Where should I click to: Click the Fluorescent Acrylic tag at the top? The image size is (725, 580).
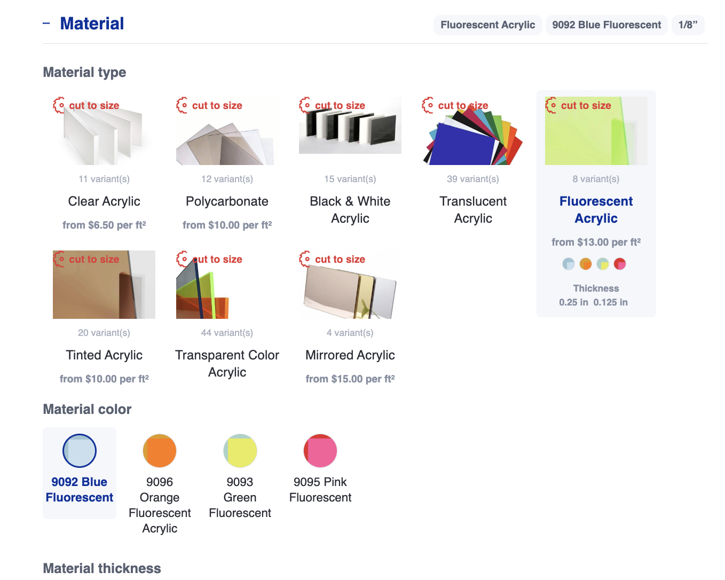click(487, 25)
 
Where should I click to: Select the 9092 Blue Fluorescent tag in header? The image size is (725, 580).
click(606, 25)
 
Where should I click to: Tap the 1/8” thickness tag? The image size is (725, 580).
click(688, 25)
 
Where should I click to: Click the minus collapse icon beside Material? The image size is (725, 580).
click(46, 23)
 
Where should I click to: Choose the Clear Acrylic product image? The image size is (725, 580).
click(104, 131)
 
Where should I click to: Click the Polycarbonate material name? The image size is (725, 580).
click(227, 201)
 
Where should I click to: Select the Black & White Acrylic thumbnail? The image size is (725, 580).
click(350, 126)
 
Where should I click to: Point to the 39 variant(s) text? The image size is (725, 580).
click(472, 179)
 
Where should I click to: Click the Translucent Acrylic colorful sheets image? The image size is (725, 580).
click(472, 131)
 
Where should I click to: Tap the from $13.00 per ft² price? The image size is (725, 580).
click(596, 242)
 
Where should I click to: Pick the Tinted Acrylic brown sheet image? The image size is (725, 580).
click(104, 285)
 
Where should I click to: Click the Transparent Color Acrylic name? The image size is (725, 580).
click(227, 364)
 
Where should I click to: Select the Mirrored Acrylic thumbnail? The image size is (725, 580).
click(350, 285)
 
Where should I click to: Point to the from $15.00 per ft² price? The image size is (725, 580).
click(350, 379)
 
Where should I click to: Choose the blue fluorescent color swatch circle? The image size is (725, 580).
click(80, 451)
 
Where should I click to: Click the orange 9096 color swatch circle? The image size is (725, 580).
click(160, 451)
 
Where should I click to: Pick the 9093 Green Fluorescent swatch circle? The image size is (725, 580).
click(240, 451)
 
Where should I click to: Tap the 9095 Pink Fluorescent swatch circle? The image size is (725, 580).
click(320, 451)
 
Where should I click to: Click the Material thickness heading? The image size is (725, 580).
click(102, 568)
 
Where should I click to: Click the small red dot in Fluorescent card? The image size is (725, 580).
click(619, 264)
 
